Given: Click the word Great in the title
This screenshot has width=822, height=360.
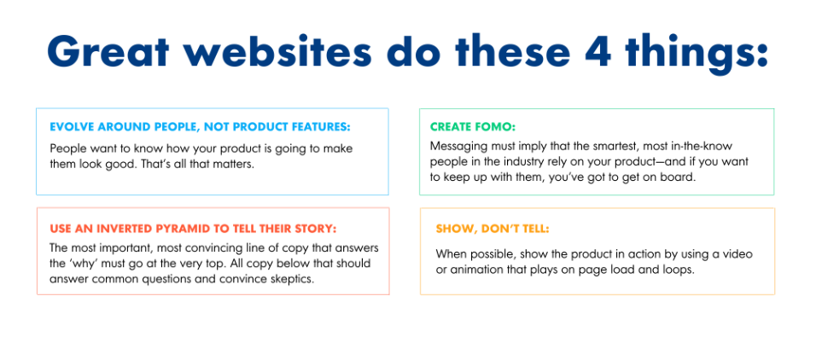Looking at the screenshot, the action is (108, 51).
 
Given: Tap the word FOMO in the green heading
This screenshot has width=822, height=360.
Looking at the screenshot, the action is (498, 127).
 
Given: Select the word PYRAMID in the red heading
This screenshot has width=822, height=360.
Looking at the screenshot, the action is (178, 229).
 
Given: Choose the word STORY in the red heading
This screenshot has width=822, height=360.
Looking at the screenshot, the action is (318, 229).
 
